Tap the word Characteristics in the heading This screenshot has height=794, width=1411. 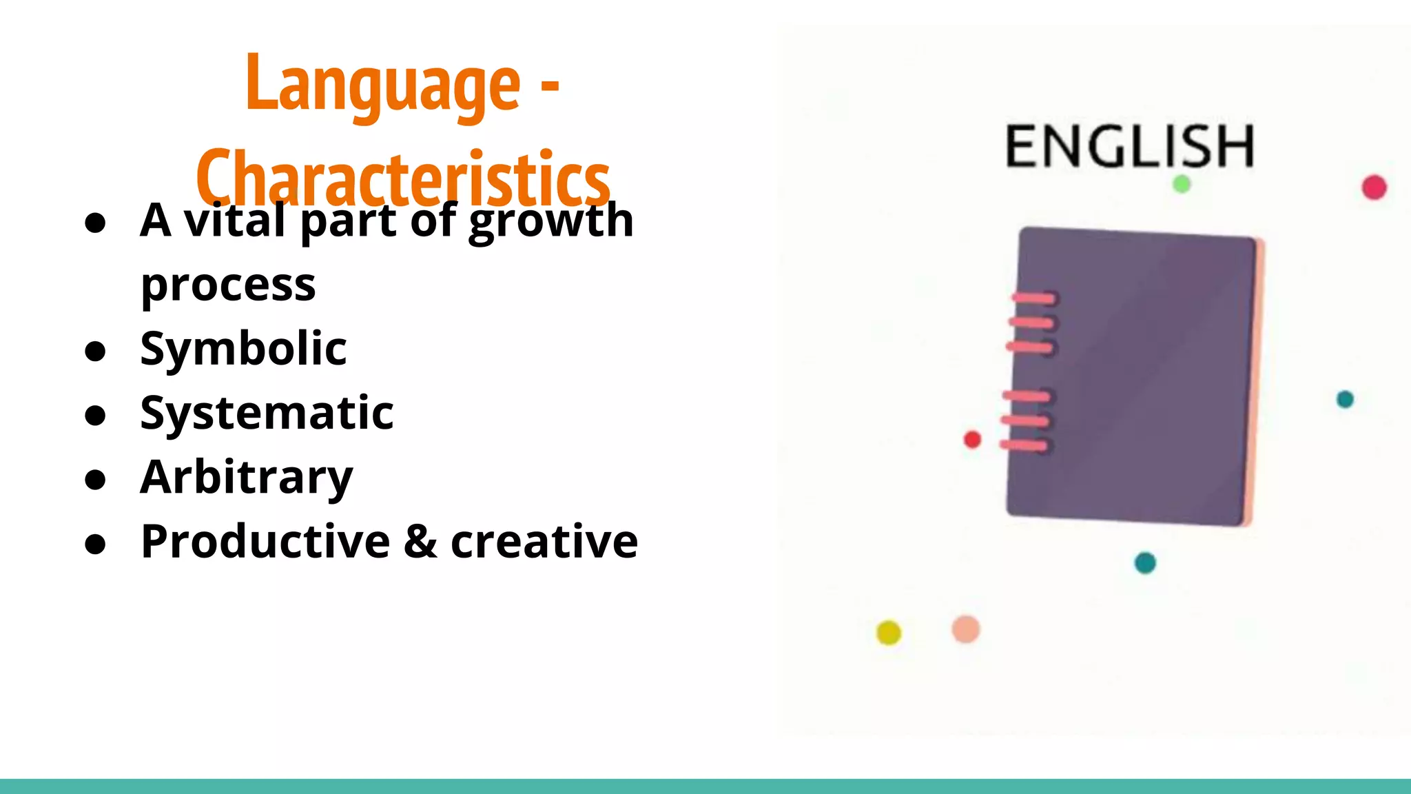[x=403, y=178]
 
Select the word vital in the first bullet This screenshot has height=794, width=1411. [x=234, y=221]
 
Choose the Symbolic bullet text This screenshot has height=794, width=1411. [x=243, y=348]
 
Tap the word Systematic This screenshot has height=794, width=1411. [x=267, y=413]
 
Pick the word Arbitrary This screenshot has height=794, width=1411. [x=246, y=477]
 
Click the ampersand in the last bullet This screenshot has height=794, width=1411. [x=420, y=541]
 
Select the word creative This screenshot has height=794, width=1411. [x=544, y=541]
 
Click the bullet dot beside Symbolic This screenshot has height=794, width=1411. [x=95, y=351]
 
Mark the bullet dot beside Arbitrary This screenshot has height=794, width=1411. [x=95, y=480]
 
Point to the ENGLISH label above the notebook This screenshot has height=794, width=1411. [x=1129, y=146]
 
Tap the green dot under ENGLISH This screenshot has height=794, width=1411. [x=1182, y=184]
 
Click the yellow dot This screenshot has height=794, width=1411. [x=888, y=632]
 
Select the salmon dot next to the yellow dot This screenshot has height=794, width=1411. [x=965, y=629]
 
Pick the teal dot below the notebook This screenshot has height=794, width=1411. [x=1144, y=562]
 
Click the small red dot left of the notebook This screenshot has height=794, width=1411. [x=972, y=439]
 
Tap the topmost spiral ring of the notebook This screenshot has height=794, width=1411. [x=1033, y=298]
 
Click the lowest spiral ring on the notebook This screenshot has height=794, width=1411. [x=1024, y=446]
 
